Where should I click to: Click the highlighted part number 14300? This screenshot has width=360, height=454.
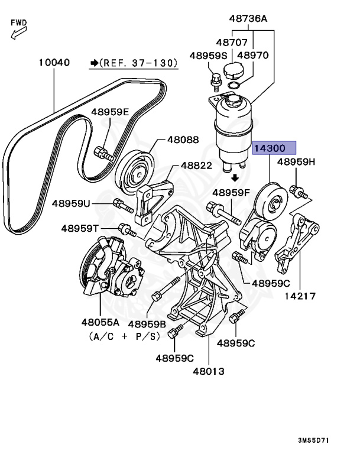point(274,148)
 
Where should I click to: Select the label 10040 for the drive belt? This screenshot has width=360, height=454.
point(54,61)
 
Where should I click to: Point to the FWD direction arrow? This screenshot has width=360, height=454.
point(16,28)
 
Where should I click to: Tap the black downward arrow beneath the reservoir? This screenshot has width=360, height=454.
point(235,177)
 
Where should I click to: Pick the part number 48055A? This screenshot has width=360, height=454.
point(100,323)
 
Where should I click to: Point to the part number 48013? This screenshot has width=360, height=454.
point(209,371)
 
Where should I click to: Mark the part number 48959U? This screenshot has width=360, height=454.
point(71,203)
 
